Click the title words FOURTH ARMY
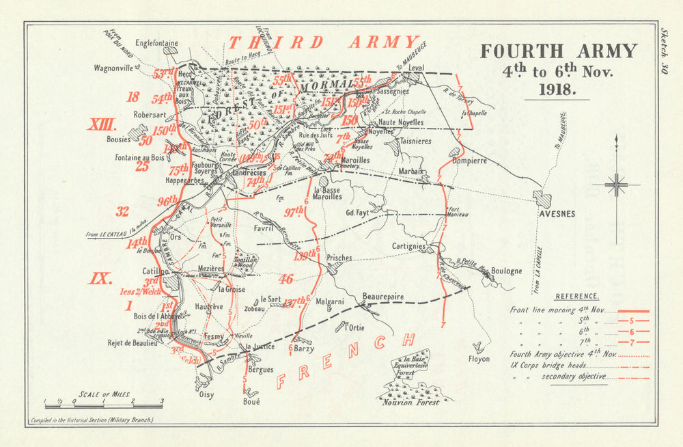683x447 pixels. pyautogui.click(x=558, y=52)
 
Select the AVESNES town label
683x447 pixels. pyautogui.click(x=557, y=214)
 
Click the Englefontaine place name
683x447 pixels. pyautogui.click(x=156, y=43)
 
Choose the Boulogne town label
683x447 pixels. pyautogui.click(x=506, y=271)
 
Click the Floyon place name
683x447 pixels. pyautogui.click(x=479, y=357)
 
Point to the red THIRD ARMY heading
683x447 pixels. pyautogui.click(x=322, y=42)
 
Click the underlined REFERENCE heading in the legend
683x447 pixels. pyautogui.click(x=577, y=296)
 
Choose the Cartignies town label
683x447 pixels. pyautogui.click(x=409, y=246)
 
